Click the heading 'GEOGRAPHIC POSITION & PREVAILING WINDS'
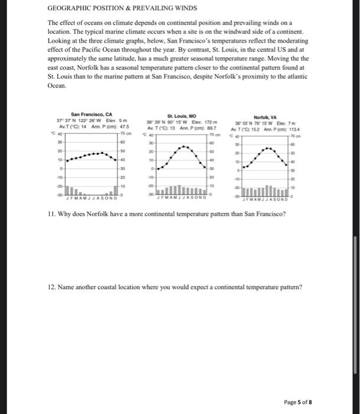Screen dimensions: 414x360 coord(122,9)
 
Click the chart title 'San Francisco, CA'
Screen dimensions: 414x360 coord(92,115)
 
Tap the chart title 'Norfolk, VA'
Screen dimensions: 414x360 coord(265,118)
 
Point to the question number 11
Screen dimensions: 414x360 coord(51,213)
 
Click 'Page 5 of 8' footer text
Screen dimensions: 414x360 coord(326,402)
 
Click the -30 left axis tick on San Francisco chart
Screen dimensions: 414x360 coord(59,194)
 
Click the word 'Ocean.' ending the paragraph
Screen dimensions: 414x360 coord(58,85)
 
